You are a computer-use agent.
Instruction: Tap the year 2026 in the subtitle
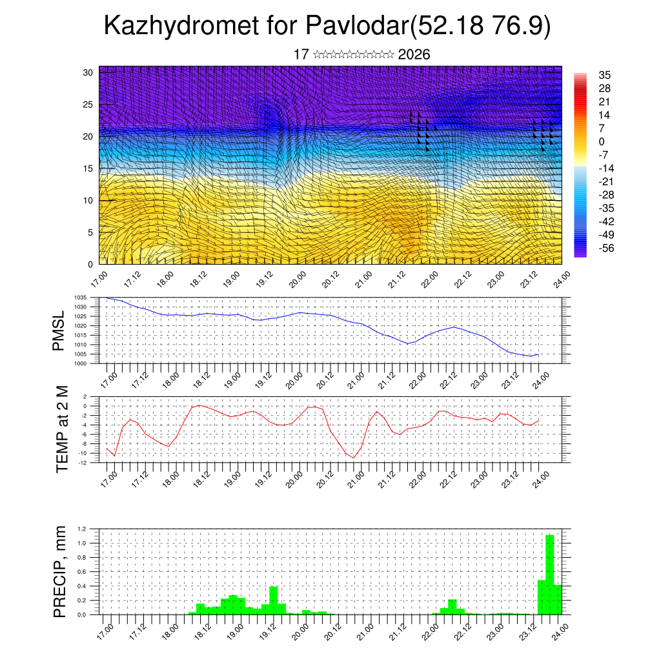tap(414, 54)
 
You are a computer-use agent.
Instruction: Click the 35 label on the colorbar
tap(605, 75)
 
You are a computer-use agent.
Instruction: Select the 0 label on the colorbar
tap(602, 141)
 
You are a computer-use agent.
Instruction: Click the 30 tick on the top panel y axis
tap(87, 72)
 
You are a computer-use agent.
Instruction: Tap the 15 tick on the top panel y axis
tap(87, 168)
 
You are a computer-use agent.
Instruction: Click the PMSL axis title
tap(59, 331)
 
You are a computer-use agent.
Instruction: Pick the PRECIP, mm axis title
tap(61, 571)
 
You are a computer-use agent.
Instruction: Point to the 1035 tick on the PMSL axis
tap(81, 298)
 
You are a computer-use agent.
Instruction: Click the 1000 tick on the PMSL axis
tap(81, 363)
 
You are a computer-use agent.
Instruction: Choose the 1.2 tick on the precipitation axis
tap(82, 529)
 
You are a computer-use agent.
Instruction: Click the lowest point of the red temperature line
tap(354, 458)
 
